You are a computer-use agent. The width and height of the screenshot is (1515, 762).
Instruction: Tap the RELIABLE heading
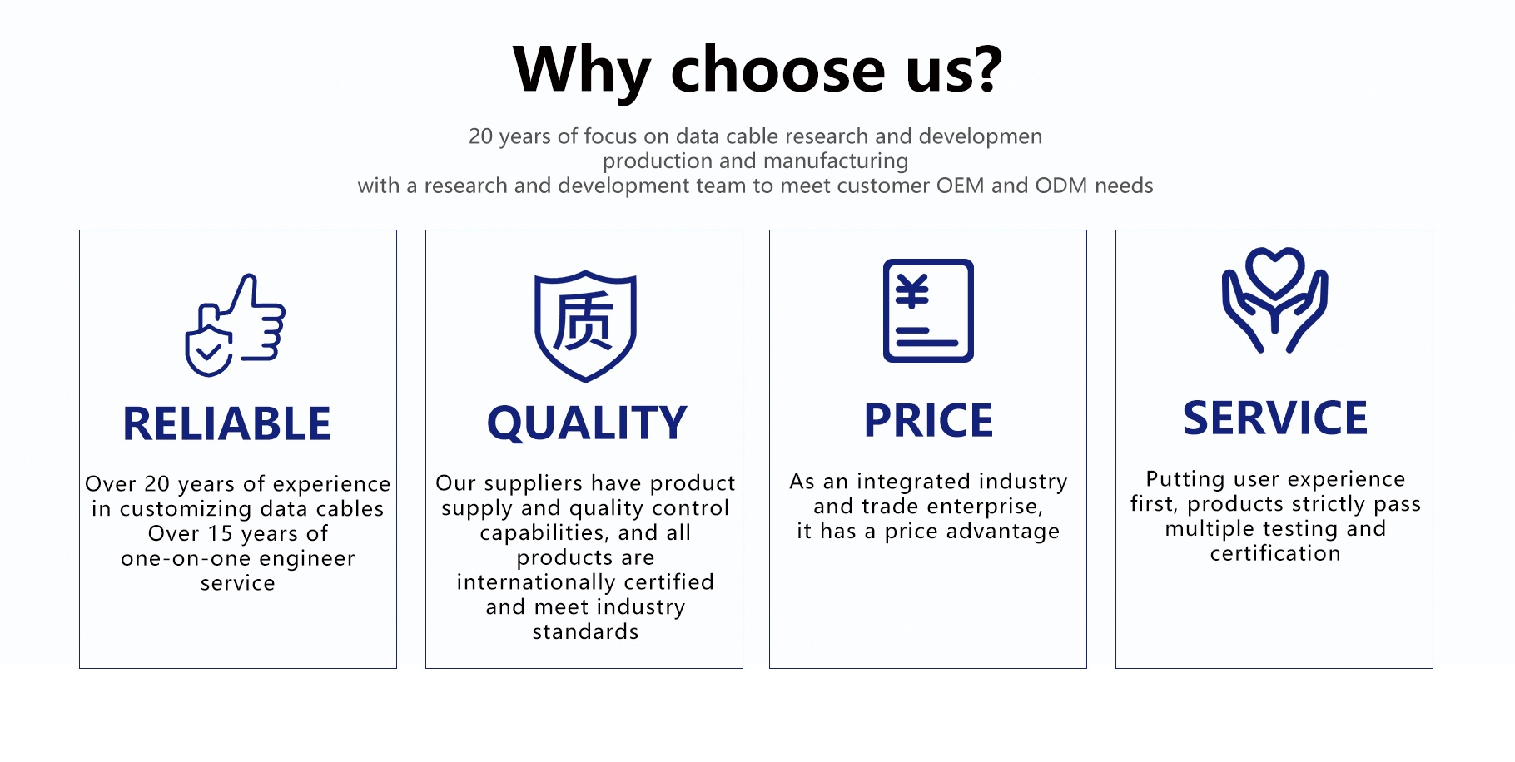point(226,424)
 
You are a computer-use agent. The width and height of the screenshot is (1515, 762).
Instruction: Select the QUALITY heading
point(587,423)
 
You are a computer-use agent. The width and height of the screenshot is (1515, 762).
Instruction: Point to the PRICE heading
point(928,420)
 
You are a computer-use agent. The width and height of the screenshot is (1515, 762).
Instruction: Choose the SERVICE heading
point(1275,418)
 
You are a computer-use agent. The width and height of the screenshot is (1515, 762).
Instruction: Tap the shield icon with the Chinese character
point(585,326)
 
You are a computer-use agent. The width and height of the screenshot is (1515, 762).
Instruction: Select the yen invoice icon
point(928,310)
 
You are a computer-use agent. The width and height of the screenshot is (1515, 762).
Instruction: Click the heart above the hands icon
point(1274,272)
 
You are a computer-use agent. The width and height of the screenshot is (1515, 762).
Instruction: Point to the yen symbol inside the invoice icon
point(911,291)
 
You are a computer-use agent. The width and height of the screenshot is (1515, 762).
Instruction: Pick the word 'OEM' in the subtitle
point(961,186)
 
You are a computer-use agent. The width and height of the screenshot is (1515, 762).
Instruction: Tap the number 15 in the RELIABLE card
point(220,533)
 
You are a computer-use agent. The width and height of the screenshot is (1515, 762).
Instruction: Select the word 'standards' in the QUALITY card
point(585,632)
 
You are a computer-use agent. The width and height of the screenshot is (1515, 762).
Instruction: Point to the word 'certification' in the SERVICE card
point(1275,553)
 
